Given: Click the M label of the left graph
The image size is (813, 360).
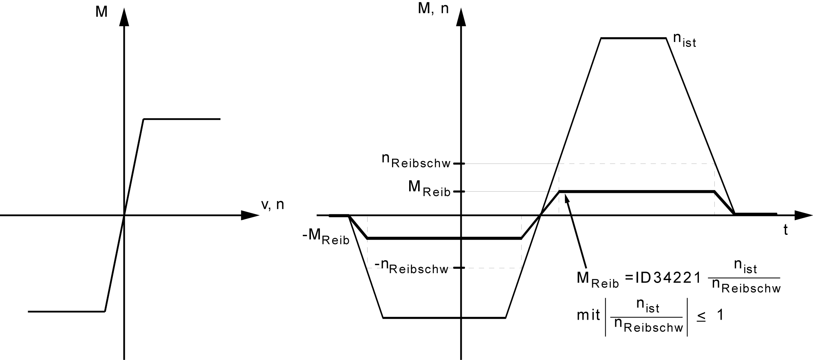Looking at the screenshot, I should pyautogui.click(x=101, y=12).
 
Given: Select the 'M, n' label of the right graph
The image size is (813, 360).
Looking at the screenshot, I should pyautogui.click(x=433, y=9).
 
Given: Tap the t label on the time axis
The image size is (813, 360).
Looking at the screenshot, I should pyautogui.click(x=785, y=230).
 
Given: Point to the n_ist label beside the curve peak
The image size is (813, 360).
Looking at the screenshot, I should pyautogui.click(x=684, y=40).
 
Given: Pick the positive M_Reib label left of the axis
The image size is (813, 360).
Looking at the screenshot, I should pyautogui.click(x=429, y=188).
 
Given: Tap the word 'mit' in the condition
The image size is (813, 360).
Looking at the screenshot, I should pyautogui.click(x=588, y=316).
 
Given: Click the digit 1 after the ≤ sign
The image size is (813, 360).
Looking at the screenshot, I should pyautogui.click(x=720, y=315).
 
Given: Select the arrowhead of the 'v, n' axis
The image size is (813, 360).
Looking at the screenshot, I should pyautogui.click(x=249, y=215).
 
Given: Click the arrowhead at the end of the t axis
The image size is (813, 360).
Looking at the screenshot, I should pyautogui.click(x=803, y=215).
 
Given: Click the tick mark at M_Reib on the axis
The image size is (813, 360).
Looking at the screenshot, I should pyautogui.click(x=459, y=191).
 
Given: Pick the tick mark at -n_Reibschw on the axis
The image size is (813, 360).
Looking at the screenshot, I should pyautogui.click(x=459, y=268).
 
